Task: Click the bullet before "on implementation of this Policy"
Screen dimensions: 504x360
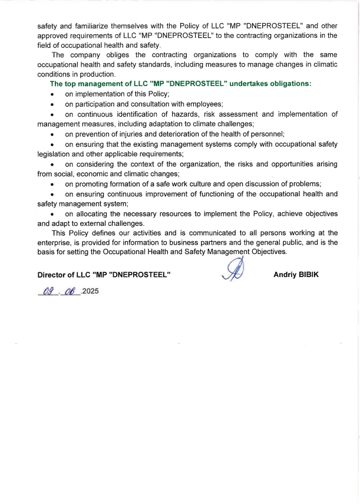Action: tap(53, 95)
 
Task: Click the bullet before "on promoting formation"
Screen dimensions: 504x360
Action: tap(53, 185)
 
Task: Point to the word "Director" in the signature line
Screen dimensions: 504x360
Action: tap(53, 275)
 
